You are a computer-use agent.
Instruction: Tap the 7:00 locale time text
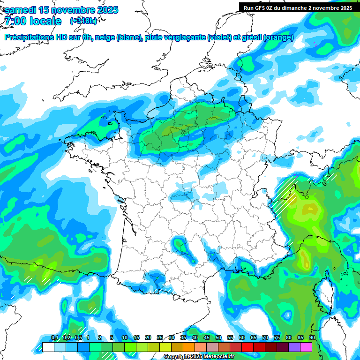32,21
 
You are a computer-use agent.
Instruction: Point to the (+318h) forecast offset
83,21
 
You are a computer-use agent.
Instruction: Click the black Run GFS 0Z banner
298,7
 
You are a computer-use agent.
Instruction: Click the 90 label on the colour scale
312,337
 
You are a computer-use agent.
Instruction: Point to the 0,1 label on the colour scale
54,337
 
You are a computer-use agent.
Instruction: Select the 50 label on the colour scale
218,337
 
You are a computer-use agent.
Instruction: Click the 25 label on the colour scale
160,337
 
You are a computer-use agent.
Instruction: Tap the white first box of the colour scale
48,347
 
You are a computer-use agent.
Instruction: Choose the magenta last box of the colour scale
306,347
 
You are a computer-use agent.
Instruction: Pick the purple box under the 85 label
294,347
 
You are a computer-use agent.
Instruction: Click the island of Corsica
324,295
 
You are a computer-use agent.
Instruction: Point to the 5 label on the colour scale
112,337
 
